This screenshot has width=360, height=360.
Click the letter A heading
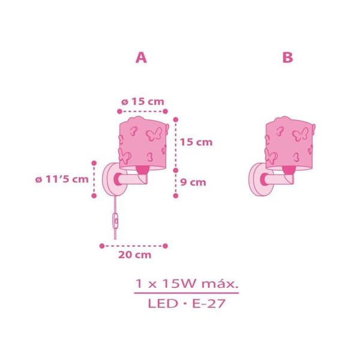tap(141, 58)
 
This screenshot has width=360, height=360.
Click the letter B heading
tap(287, 58)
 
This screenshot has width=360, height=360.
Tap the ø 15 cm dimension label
tap(143, 101)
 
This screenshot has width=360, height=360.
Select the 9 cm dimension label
tap(193, 182)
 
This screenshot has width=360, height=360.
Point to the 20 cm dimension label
tap(135, 255)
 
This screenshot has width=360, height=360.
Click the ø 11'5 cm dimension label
tap(62, 179)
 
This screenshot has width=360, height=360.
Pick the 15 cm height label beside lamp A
tap(196, 142)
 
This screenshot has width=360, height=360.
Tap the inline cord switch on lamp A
tap(115, 221)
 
